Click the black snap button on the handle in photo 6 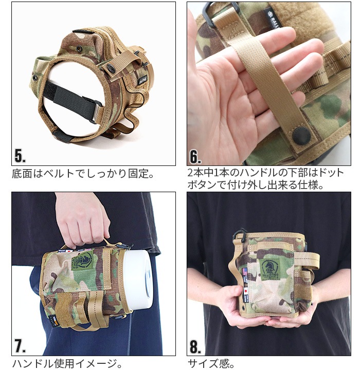coord(301,135)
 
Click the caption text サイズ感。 coord(211,364)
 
